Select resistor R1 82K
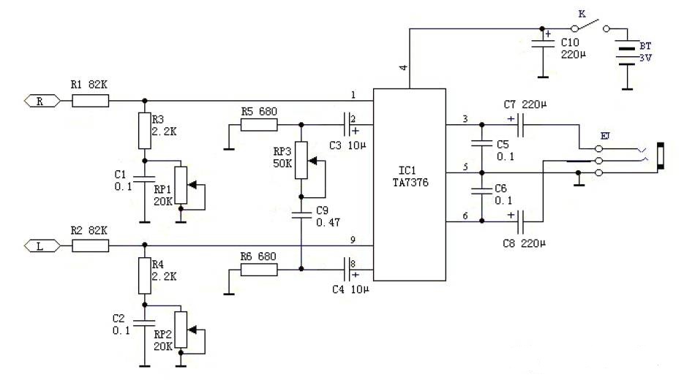[x=90, y=102]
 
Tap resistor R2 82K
[x=90, y=245]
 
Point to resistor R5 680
[x=259, y=126]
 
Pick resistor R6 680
[x=259, y=270]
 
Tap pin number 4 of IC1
[x=404, y=68]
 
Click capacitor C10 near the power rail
[x=542, y=45]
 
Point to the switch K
[x=593, y=28]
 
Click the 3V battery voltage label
[x=645, y=58]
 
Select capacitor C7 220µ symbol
[x=521, y=126]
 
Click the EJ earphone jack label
[x=604, y=135]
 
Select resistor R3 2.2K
[x=144, y=131]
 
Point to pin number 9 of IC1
[x=353, y=238]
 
